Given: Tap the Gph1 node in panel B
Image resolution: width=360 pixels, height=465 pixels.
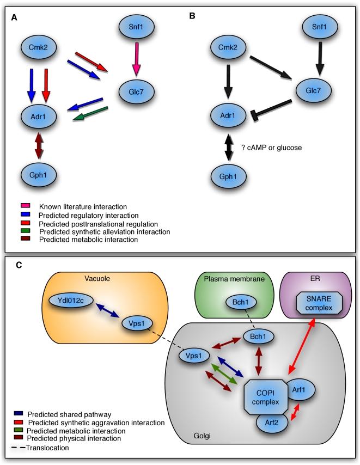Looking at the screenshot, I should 227,177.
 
